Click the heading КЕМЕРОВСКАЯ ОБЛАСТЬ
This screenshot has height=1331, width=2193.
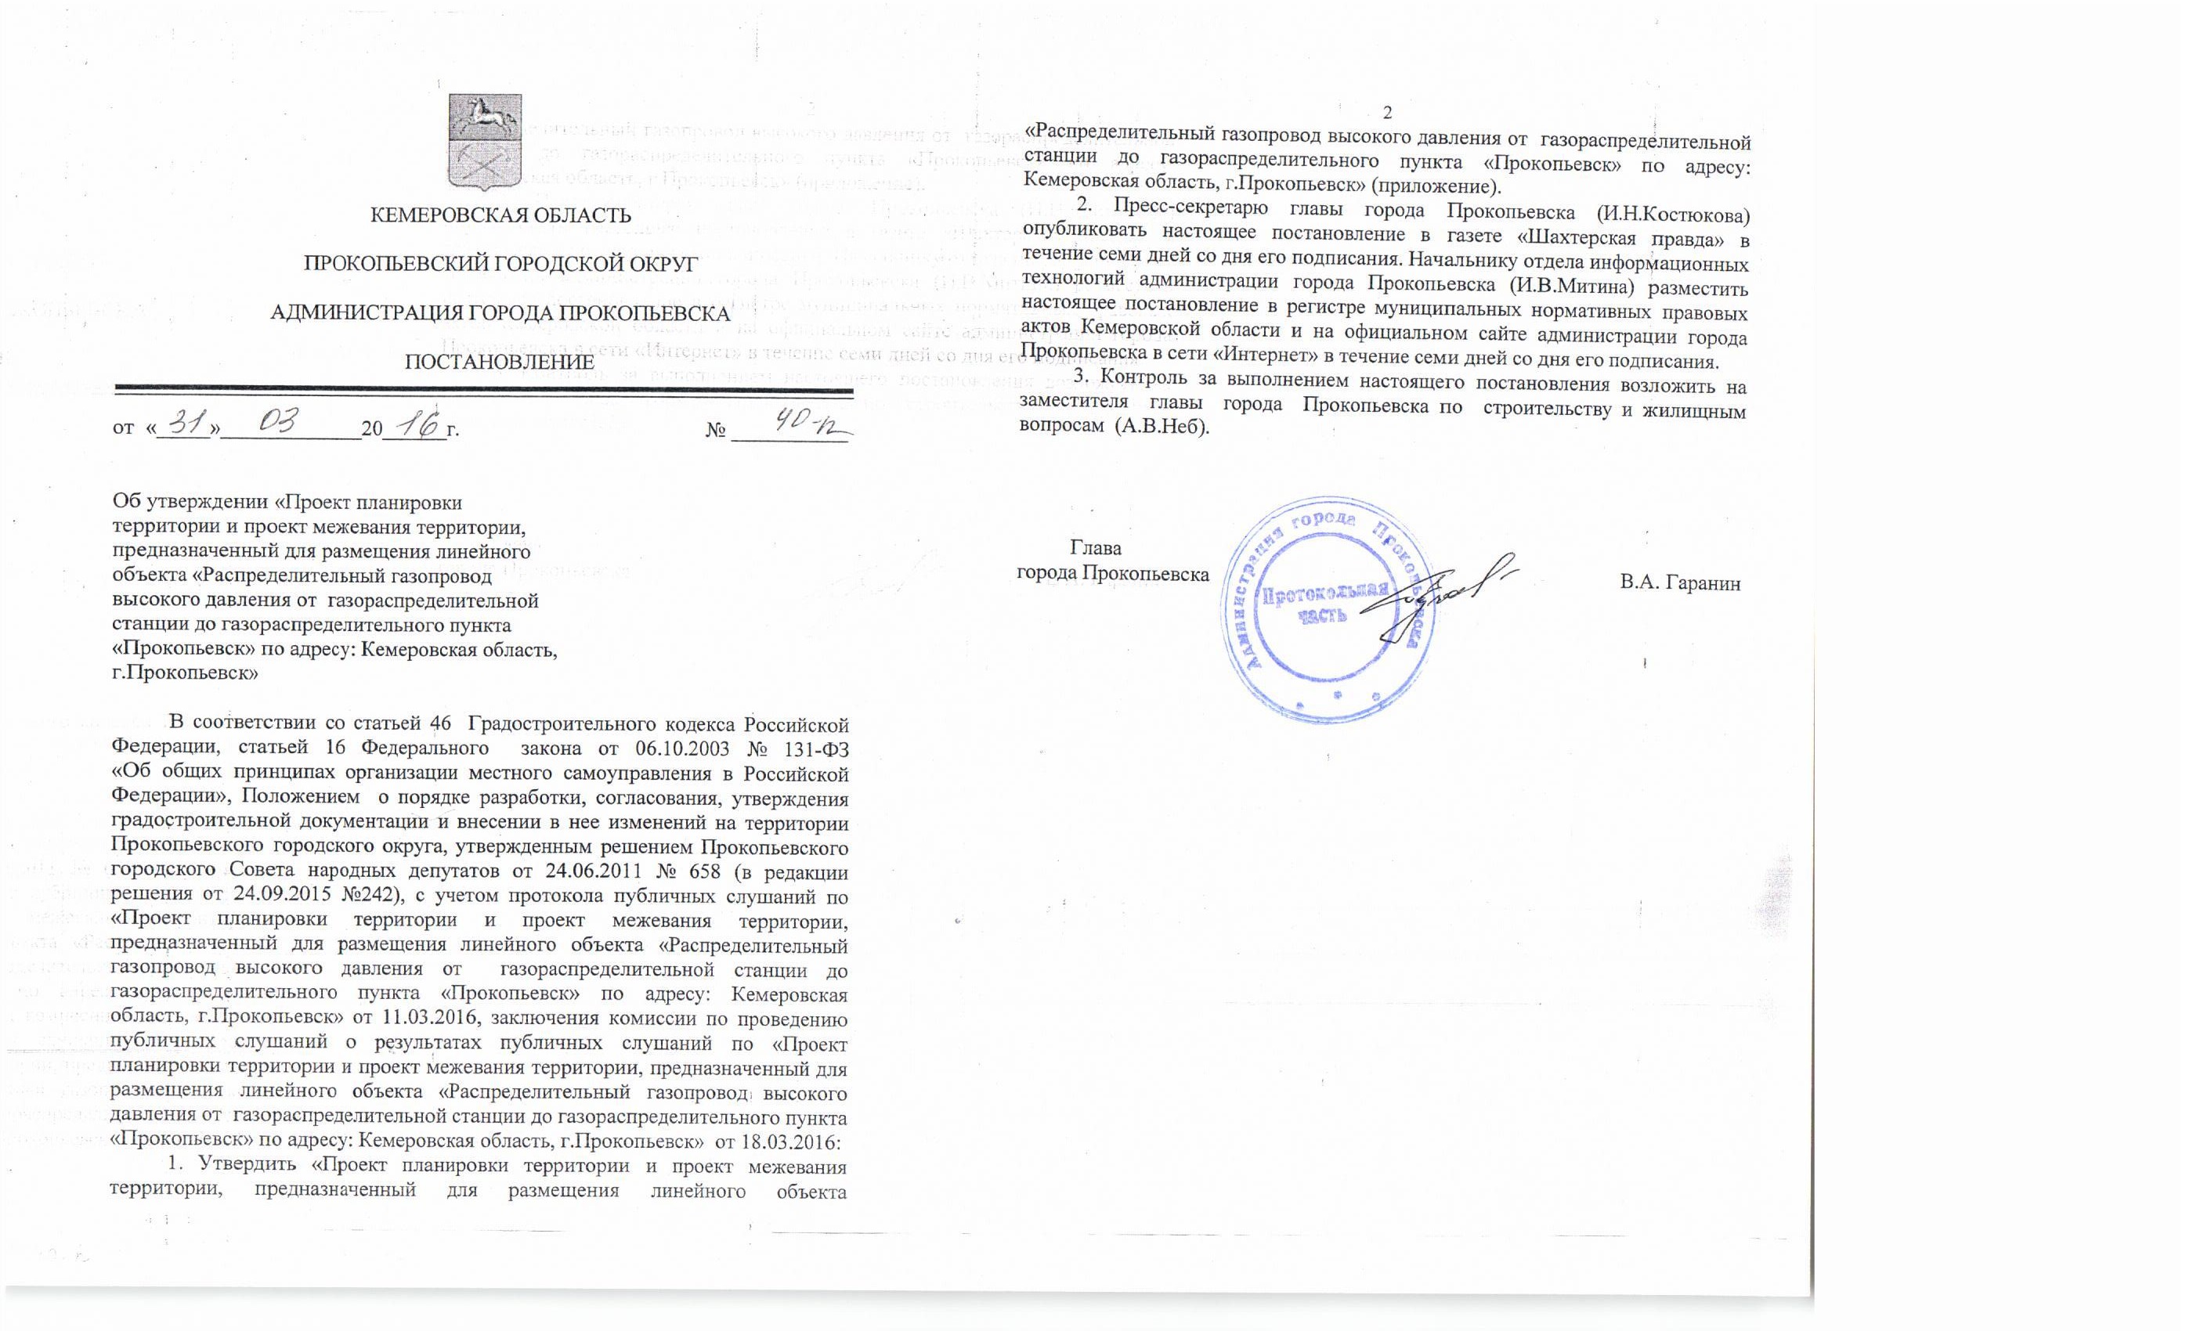point(500,215)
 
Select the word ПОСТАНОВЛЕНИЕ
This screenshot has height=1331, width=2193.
point(500,362)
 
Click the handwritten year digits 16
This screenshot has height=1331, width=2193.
point(417,425)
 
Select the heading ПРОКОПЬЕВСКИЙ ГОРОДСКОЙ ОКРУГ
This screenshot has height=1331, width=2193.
point(500,265)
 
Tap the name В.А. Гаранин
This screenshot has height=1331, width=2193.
point(1680,583)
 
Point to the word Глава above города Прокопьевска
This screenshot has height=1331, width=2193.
point(1096,548)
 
